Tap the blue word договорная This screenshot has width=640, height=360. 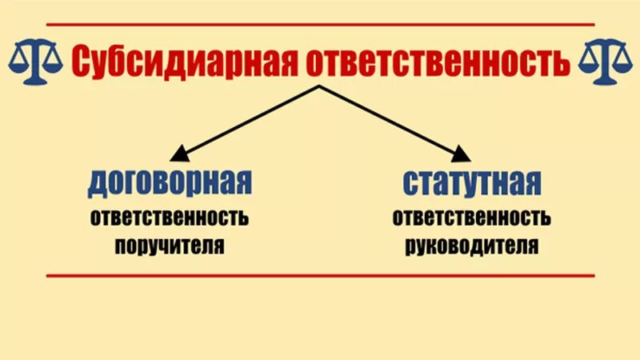(170, 183)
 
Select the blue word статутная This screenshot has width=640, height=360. (471, 183)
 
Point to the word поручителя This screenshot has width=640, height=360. (169, 244)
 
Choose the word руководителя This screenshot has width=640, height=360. (471, 244)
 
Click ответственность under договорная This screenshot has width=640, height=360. (169, 218)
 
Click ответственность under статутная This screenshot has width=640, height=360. (471, 218)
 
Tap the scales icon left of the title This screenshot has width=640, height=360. (34, 62)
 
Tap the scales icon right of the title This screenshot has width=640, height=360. (606, 62)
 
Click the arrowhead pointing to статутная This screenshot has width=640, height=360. (462, 154)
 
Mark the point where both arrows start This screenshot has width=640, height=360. (320, 85)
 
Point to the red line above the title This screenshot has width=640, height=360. (320, 25)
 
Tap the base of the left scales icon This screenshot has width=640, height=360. (34, 80)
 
